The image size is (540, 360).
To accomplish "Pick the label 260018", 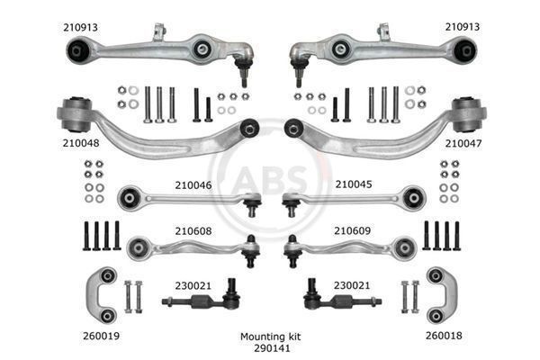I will tap(443, 334).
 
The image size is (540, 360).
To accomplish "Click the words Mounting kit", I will tap(269, 335).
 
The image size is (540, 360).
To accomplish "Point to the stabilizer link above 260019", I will tap(105, 293).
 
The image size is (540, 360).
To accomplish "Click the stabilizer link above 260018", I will tap(436, 293).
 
